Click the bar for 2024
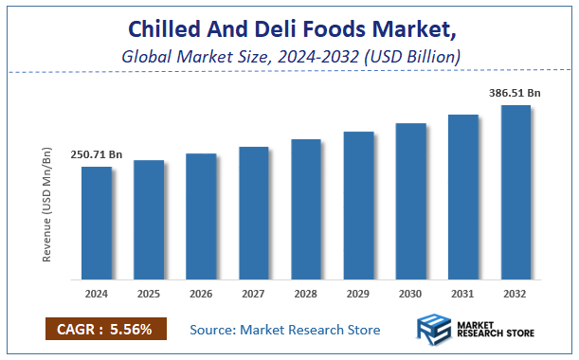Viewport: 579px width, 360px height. (x=97, y=224)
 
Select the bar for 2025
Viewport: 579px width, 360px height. (x=149, y=221)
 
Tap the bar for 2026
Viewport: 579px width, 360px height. (x=201, y=217)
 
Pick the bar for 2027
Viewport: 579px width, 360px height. (x=254, y=213)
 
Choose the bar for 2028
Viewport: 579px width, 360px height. (x=306, y=209)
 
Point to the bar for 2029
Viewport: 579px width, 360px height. (x=358, y=206)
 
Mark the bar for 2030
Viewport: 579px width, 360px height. (x=410, y=202)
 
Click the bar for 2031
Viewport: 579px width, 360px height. (x=463, y=197)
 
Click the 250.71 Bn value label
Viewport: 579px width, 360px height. (x=97, y=154)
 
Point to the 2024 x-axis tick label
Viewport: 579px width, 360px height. (x=97, y=294)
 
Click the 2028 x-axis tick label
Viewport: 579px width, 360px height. (x=306, y=294)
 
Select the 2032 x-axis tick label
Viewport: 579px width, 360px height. (x=516, y=294)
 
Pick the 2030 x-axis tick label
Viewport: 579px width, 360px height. (x=410, y=294)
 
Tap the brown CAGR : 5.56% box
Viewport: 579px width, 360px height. (x=105, y=329)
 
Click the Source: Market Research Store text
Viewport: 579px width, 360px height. (x=284, y=330)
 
